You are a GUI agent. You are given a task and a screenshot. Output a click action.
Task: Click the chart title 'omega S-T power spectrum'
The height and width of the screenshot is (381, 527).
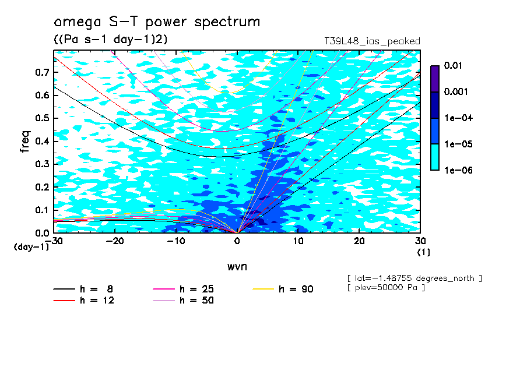(157, 22)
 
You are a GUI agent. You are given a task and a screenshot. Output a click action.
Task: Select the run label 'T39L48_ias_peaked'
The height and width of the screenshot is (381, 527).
(372, 41)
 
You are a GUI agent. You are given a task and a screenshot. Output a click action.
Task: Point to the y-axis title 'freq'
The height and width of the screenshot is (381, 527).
(24, 142)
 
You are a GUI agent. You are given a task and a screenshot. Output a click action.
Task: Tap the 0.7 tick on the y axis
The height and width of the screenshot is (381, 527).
(42, 72)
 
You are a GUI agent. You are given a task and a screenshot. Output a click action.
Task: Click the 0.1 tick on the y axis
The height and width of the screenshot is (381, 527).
(42, 210)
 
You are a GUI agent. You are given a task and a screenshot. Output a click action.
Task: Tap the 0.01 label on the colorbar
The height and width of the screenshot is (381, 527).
(452, 66)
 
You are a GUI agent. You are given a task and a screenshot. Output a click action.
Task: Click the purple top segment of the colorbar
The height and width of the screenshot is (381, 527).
(435, 78)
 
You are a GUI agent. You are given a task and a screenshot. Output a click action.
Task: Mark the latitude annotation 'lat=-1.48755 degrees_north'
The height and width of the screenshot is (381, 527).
(414, 278)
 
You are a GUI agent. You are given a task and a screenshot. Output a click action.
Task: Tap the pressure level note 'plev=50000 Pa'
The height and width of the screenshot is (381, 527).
(386, 288)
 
